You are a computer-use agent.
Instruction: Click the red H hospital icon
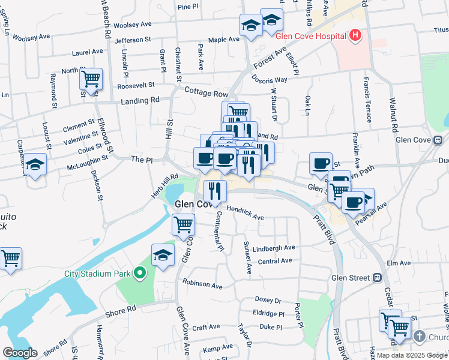click(x=355, y=35)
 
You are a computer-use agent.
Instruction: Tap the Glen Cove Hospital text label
click(x=312, y=35)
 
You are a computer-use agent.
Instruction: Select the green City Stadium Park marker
click(x=140, y=274)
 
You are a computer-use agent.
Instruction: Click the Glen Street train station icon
click(x=378, y=278)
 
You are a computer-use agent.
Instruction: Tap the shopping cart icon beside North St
click(x=91, y=79)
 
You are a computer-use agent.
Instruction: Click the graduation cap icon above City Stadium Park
click(x=163, y=254)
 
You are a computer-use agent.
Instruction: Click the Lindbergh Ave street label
click(x=274, y=248)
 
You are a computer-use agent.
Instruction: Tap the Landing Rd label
click(x=140, y=101)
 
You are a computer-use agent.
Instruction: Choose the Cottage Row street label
click(x=207, y=94)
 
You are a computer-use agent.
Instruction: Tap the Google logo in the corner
click(x=20, y=353)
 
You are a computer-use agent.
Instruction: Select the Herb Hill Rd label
click(x=165, y=181)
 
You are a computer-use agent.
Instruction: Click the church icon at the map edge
click(x=419, y=337)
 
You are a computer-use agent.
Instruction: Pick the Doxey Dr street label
click(x=268, y=299)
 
